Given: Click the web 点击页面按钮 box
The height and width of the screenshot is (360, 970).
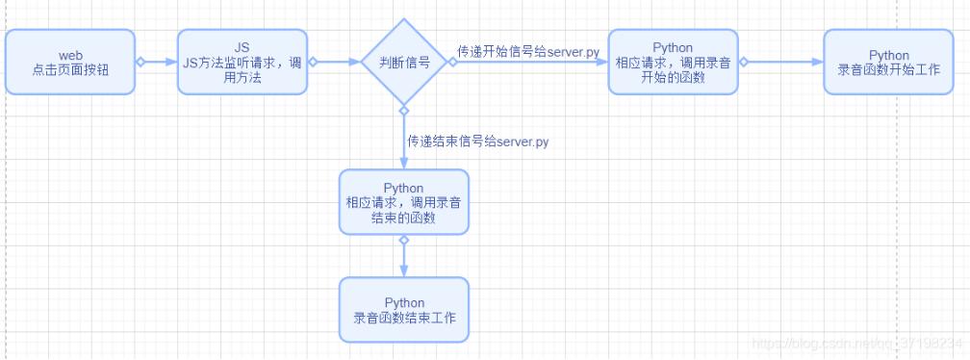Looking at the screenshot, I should tap(70, 62).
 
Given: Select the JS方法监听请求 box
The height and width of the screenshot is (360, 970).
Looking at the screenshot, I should tap(242, 62).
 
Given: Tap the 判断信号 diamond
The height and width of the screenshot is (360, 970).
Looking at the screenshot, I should tap(404, 62).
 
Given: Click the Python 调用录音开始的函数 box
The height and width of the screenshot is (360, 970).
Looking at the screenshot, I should tap(673, 62).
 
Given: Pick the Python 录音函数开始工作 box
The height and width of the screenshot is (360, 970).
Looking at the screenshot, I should tap(888, 62).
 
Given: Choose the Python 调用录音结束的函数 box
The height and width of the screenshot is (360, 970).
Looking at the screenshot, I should tap(403, 202).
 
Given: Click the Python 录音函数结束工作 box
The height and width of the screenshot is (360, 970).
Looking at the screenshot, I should tap(403, 310).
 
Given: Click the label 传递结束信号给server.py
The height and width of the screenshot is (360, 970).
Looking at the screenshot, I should tap(478, 141).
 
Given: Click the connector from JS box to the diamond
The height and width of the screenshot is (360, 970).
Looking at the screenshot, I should tap(333, 62).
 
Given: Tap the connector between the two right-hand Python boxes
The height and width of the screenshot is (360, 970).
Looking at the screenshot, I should tap(780, 62).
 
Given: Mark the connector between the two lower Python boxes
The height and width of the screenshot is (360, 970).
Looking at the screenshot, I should tap(404, 256).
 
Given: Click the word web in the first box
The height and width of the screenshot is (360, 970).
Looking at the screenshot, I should tap(70, 55).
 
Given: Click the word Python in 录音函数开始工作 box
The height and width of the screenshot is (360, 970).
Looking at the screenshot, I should tap(888, 55).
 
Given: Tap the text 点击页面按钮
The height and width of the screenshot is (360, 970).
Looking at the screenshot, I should tap(70, 69).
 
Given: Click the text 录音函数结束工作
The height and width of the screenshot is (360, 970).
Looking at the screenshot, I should tap(403, 318).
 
